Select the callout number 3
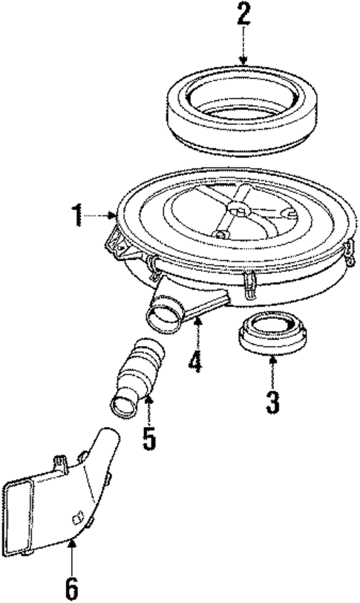point(272,402)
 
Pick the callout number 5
point(149,437)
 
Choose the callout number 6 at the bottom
point(71,587)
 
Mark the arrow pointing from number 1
point(101,217)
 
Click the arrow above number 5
point(148,410)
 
